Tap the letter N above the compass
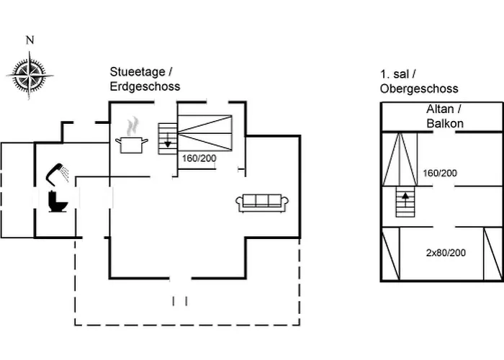(30, 40)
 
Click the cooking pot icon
(131, 144)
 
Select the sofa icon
(262, 202)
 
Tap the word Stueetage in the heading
(137, 72)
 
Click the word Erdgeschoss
(145, 86)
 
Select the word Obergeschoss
(419, 89)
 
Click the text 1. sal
(397, 75)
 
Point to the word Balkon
(444, 123)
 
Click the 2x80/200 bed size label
(446, 253)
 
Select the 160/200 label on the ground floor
(199, 158)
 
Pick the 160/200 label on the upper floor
(441, 173)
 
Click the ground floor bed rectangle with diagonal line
(206, 132)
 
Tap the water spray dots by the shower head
(66, 171)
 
